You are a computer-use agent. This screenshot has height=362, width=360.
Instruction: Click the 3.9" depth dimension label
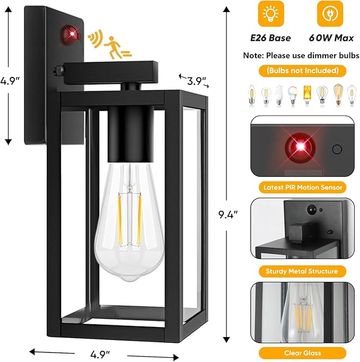click(196, 80)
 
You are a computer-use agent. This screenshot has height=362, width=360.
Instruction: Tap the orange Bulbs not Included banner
click(303, 71)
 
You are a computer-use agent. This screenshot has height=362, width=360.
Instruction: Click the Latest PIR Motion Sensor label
click(303, 187)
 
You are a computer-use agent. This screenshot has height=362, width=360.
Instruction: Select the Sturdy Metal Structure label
click(303, 271)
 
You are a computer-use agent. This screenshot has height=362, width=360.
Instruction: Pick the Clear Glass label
click(303, 352)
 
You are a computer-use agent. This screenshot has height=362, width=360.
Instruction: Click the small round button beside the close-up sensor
click(336, 149)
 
